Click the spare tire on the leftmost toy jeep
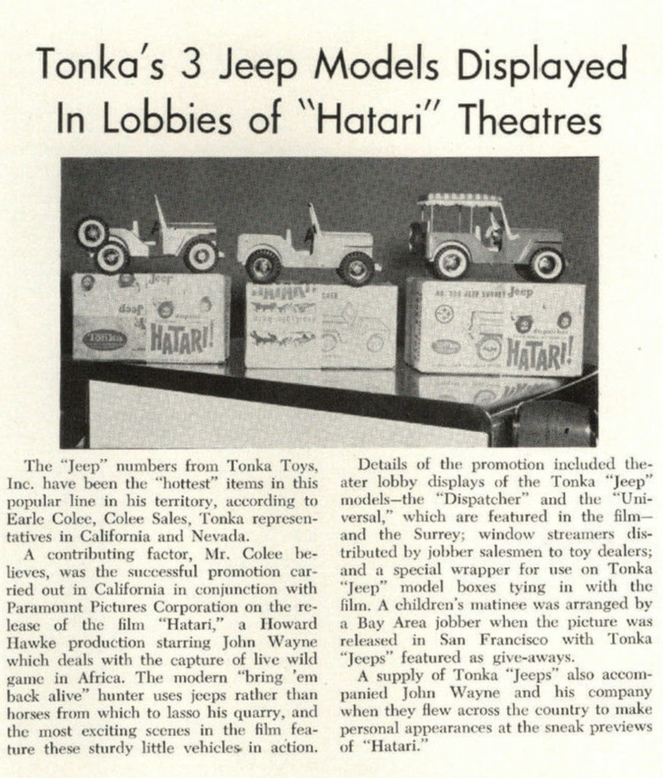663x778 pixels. click(x=91, y=233)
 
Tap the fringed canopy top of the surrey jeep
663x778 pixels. click(x=461, y=201)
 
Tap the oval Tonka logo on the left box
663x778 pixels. click(x=104, y=339)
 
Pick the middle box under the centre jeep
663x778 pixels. click(x=320, y=325)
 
